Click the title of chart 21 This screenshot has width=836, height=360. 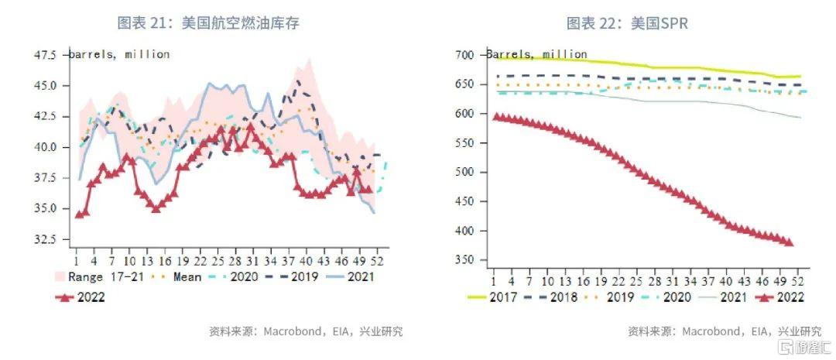(208, 23)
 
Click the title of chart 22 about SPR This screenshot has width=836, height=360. (626, 23)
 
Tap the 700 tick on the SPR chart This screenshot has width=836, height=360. (464, 55)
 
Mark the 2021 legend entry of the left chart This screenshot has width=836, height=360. (358, 277)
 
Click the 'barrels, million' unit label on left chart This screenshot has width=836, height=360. (119, 54)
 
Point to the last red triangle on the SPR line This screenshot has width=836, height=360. (789, 242)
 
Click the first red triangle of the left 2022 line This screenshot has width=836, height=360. (78, 214)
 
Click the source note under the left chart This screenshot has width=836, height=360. (305, 331)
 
